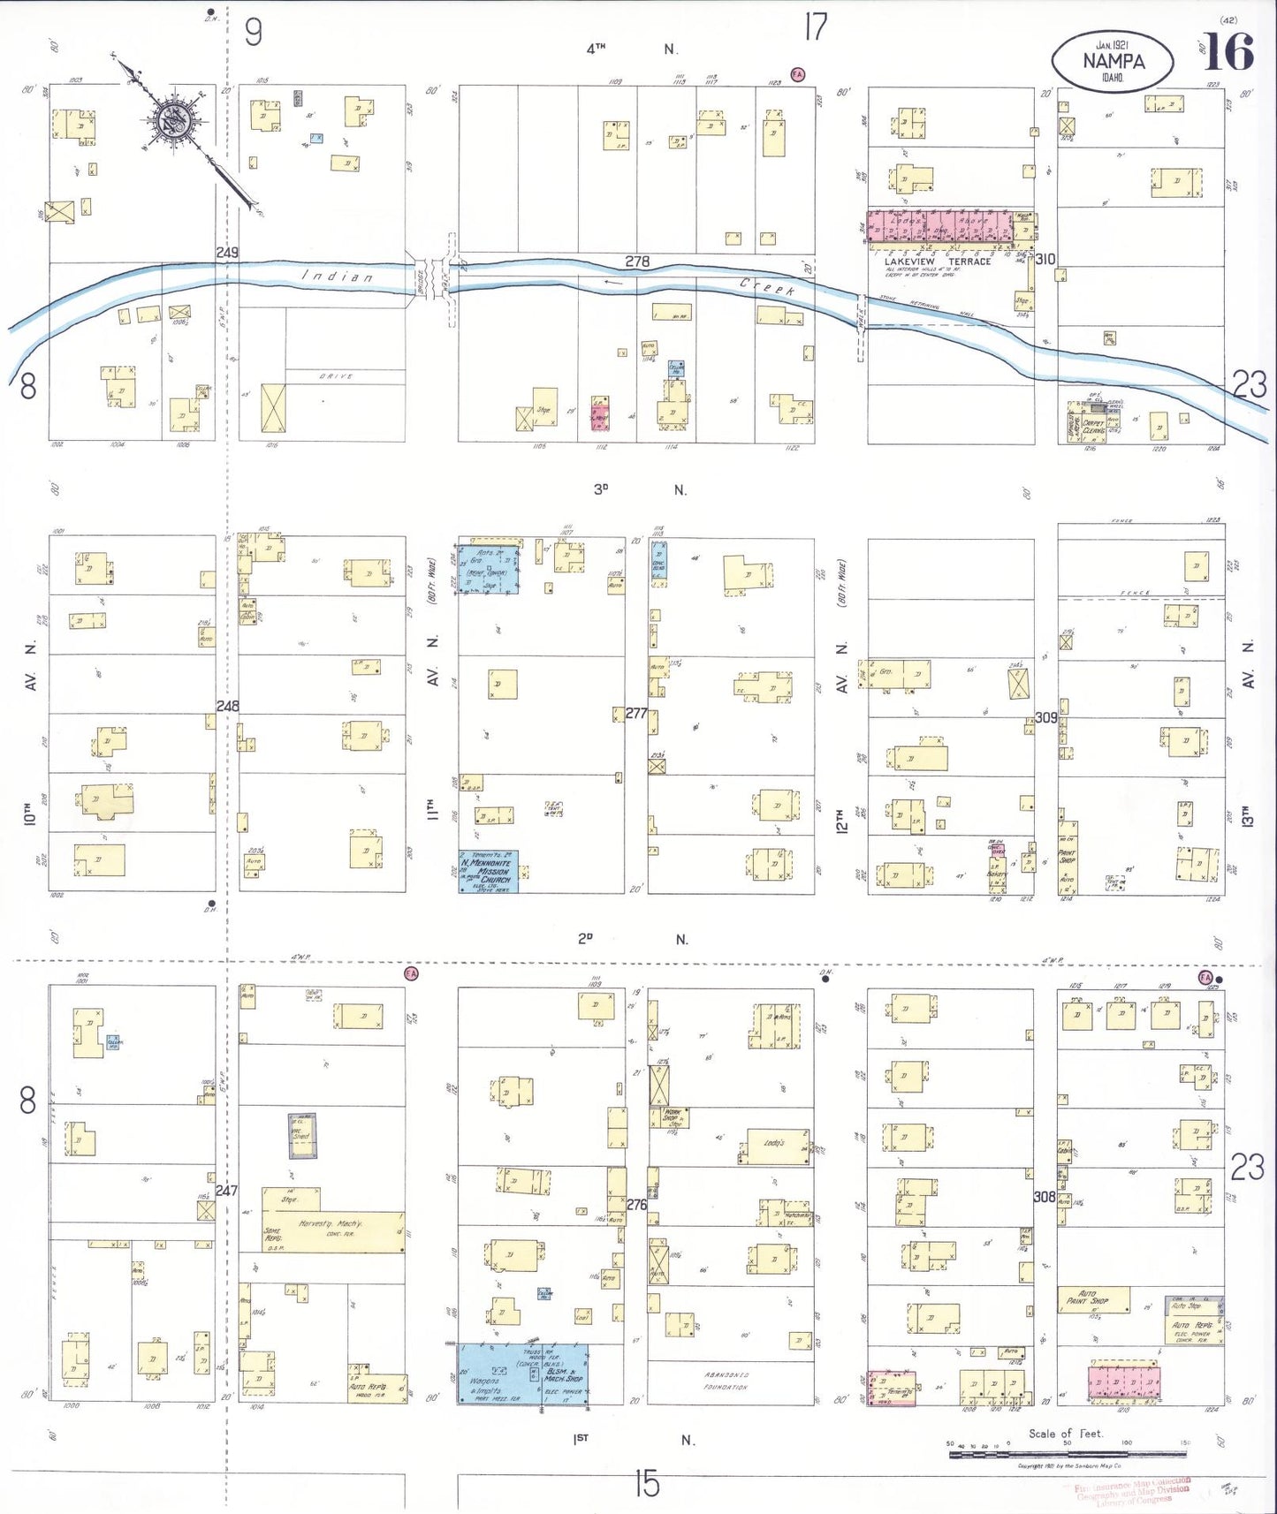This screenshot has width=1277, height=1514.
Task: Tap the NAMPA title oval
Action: point(1113,61)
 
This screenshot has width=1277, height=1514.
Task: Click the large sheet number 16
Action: point(1228,52)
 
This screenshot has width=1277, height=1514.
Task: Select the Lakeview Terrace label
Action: point(938,261)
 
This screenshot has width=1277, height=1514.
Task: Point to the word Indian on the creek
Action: point(338,276)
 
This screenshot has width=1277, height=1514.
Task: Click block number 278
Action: point(637,261)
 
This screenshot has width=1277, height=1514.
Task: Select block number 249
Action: point(227,253)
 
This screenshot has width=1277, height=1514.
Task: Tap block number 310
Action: point(1045,259)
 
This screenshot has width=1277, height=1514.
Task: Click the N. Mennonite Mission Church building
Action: point(488,871)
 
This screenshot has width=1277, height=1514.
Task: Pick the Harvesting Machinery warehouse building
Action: point(335,1231)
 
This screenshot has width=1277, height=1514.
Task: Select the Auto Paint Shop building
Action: point(1093,1299)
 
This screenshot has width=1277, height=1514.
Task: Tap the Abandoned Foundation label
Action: point(726,1381)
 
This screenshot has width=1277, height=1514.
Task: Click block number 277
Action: point(636,713)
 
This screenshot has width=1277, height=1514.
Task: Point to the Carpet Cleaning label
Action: point(1093,426)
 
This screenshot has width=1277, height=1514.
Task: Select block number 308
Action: point(1045,1197)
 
